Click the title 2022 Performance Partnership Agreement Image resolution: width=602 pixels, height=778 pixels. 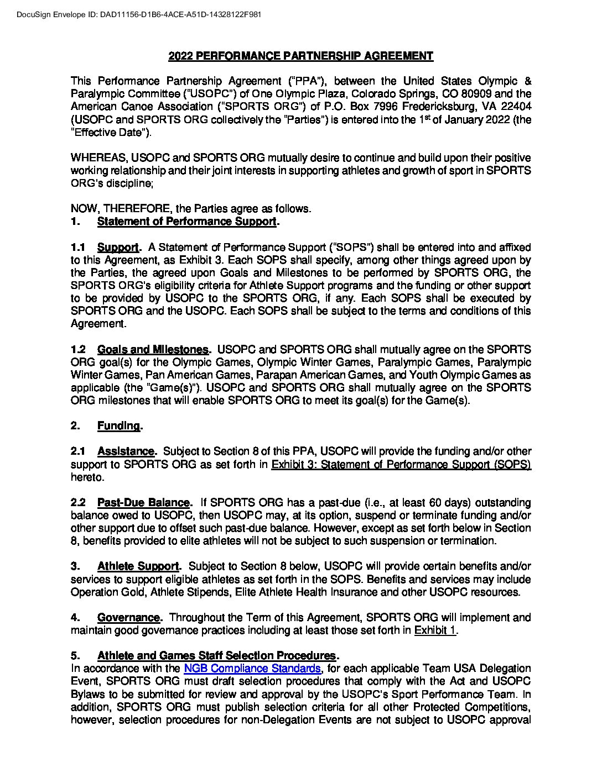coord(300,56)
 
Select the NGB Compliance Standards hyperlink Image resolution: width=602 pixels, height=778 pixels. coord(252,669)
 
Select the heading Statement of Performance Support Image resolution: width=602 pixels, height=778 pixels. coord(186,222)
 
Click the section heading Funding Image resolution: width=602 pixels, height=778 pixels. coord(118,425)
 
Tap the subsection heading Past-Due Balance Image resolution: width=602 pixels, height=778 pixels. coord(143,502)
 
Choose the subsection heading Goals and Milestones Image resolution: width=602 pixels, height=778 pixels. coord(153,349)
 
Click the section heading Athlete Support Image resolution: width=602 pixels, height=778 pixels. coord(138,566)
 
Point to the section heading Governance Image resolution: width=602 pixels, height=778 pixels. coord(128,617)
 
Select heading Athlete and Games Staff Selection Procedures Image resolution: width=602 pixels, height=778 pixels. coord(216,656)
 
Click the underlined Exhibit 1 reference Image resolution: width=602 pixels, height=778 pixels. coord(435,630)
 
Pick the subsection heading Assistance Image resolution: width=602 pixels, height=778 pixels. coord(126,451)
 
